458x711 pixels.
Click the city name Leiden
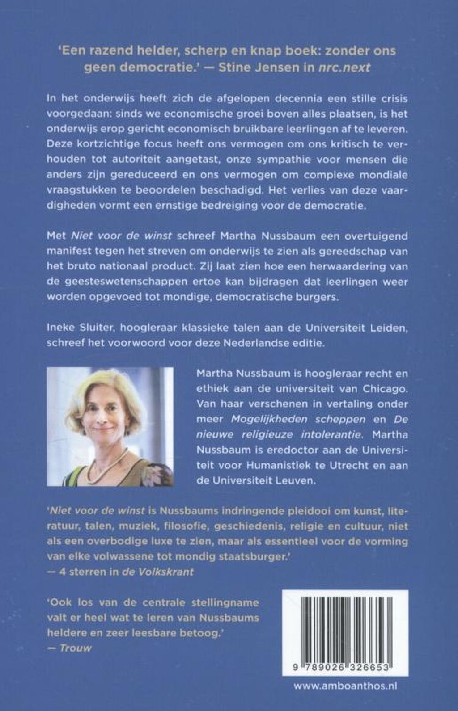390,329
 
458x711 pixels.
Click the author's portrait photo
110,426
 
